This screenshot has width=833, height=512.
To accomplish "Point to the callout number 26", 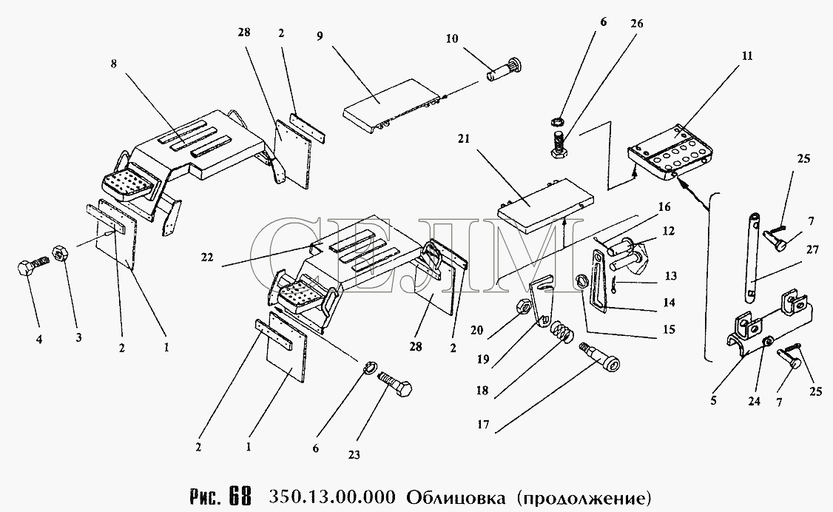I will pyautogui.click(x=637, y=23).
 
